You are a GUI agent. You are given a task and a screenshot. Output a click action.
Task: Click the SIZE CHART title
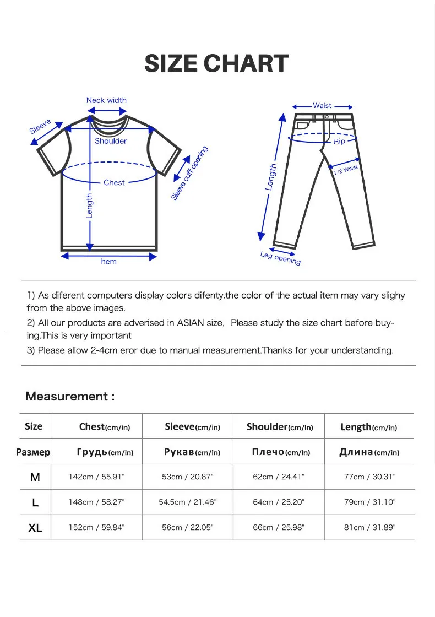click(216, 64)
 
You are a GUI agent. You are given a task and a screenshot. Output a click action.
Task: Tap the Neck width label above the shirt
click(106, 100)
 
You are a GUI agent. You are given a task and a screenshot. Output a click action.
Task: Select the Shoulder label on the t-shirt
click(111, 141)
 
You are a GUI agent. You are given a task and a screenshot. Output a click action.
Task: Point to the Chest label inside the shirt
click(114, 182)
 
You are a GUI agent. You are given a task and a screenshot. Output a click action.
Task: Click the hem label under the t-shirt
click(108, 262)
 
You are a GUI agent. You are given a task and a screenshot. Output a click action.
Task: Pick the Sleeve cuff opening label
click(190, 173)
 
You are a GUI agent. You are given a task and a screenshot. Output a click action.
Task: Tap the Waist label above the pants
click(322, 105)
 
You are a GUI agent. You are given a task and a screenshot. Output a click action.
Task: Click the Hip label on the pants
click(339, 142)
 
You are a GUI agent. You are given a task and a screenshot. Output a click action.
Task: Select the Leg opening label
click(280, 257)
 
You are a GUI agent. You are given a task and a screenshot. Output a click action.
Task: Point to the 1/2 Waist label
click(345, 170)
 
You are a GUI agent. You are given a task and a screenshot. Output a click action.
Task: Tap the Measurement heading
click(70, 396)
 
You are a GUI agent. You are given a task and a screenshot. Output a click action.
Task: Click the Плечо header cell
click(280, 452)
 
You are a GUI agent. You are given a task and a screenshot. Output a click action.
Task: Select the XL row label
click(35, 528)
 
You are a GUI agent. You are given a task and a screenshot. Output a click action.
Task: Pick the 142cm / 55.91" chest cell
click(97, 477)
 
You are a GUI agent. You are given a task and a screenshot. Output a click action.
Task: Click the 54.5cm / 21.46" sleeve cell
click(188, 502)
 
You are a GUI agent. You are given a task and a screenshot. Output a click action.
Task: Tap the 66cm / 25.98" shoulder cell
click(279, 527)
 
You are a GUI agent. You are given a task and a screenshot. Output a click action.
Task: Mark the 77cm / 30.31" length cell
click(370, 477)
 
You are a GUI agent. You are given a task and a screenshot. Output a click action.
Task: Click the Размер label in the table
click(33, 452)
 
